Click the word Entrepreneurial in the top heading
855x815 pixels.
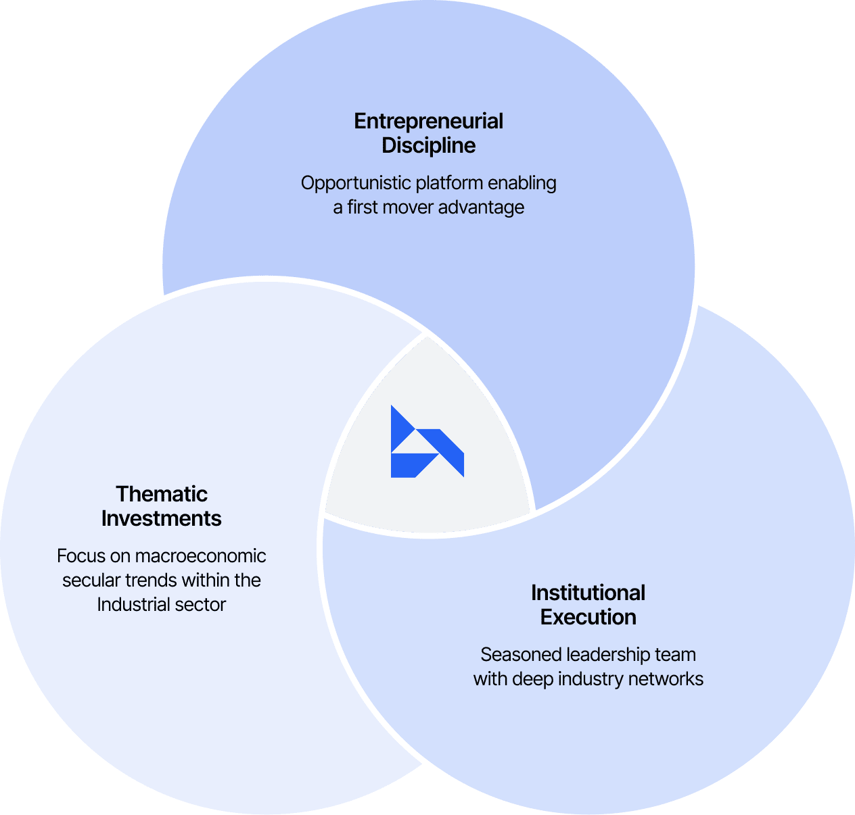[428, 121]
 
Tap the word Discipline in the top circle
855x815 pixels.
[428, 145]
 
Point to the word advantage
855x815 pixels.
[481, 207]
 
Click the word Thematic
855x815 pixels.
[161, 494]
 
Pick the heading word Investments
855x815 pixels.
[161, 518]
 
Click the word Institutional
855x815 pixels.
[588, 593]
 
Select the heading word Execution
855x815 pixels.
[588, 617]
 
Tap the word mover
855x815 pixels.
[408, 207]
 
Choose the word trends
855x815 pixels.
[151, 581]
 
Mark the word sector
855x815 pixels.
[200, 604]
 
